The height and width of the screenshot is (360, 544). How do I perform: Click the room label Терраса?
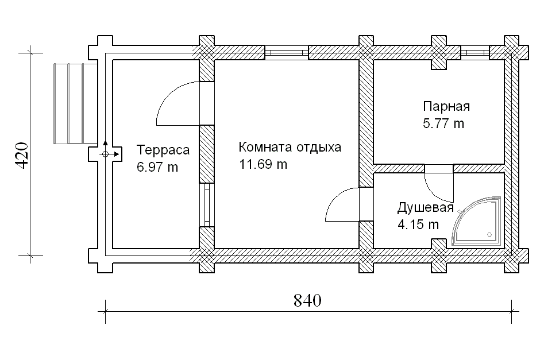[x=163, y=150]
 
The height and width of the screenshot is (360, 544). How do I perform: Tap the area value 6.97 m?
[x=157, y=167]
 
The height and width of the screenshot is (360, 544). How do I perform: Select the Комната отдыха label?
[x=290, y=148]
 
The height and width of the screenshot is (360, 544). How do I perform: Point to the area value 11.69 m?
[x=263, y=164]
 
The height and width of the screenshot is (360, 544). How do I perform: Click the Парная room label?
[x=446, y=106]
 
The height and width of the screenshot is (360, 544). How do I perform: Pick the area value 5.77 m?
[x=443, y=123]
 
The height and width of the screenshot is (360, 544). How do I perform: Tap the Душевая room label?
[x=426, y=208]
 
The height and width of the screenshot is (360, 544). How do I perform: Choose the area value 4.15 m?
[x=418, y=224]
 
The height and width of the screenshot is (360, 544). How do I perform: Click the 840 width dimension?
[x=307, y=300]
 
